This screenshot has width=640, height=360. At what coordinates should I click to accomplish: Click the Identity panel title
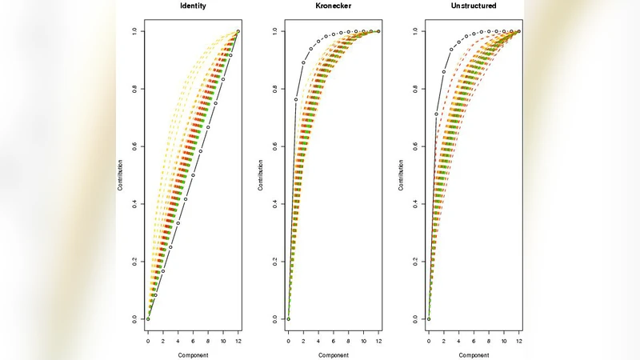pos(193,6)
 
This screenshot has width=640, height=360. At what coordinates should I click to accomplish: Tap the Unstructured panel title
pos(474,6)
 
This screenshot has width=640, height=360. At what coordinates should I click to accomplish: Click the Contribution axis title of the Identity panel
pos(120,175)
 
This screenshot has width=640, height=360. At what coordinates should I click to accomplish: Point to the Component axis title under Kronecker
pos(333,354)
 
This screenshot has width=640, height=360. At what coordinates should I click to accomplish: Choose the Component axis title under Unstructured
pos(474,354)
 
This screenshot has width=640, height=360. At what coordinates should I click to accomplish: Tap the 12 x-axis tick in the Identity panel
pos(238,341)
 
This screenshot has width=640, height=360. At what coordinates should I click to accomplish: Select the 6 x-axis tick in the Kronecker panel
pos(333,341)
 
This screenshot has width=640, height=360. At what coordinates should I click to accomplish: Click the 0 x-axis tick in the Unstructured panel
pos(429,341)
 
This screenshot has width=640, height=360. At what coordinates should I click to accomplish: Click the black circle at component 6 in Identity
pos(193,175)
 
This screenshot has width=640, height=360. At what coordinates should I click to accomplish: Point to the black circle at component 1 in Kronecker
pos(296,100)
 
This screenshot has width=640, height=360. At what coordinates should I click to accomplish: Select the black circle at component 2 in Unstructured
pos(444,72)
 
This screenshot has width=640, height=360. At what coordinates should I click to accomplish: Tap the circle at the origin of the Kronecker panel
pos(288,318)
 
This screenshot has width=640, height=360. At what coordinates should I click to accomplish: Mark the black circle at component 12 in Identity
pos(238,31)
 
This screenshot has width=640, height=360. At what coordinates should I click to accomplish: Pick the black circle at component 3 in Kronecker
pos(311,49)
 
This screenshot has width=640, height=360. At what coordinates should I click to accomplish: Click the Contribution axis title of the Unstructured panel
pos(401,175)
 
